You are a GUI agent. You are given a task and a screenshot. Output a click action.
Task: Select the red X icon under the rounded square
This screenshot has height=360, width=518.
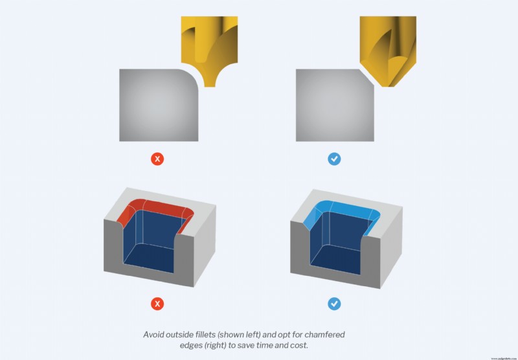pyautogui.click(x=158, y=159)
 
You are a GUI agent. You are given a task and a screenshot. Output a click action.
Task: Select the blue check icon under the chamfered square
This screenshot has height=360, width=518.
pyautogui.click(x=335, y=159)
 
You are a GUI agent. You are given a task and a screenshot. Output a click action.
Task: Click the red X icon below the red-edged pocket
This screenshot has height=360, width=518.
pyautogui.click(x=158, y=302)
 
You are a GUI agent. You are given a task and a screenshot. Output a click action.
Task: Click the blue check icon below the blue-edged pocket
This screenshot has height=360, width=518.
pyautogui.click(x=335, y=302)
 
